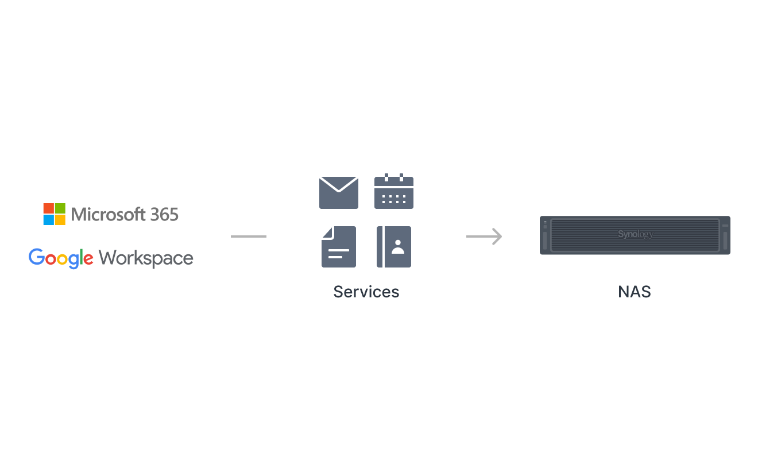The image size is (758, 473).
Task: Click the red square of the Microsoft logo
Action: coord(49,208)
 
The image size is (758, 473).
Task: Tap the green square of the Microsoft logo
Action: coord(60,208)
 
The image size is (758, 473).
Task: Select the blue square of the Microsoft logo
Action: coord(49,220)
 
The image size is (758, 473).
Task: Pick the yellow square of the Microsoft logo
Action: coord(60,220)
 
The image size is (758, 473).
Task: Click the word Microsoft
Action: coord(109,214)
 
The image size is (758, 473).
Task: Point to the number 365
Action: coord(164,215)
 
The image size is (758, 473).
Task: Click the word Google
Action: coord(61,258)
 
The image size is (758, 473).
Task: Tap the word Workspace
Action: coord(146,259)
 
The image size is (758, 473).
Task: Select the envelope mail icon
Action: coord(339,192)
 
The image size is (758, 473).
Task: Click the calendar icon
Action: coord(394,191)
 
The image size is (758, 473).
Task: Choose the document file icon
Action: coord(339,247)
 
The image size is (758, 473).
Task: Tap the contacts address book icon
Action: coord(394,247)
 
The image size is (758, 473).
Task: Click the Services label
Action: coord(366,292)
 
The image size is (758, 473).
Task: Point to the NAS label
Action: coord(635,292)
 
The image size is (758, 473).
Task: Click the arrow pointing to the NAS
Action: coord(484,236)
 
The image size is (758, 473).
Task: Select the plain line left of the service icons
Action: coord(249,236)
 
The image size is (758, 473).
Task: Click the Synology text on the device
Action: coord(636,234)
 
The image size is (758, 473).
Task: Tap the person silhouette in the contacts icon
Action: coord(398,247)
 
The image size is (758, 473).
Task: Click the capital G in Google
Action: coord(37,257)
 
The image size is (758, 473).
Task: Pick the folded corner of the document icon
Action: coord(328,233)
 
